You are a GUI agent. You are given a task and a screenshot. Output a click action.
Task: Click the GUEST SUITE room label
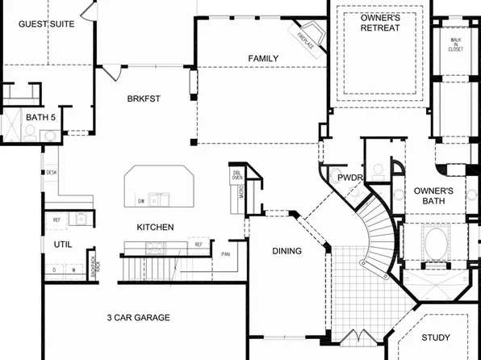pyautogui.click(x=47, y=24)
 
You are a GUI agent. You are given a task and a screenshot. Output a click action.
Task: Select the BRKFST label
pyautogui.click(x=144, y=99)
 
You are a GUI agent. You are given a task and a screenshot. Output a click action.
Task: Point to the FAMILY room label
pyautogui.click(x=263, y=58)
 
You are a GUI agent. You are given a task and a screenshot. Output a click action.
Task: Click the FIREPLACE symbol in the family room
pyautogui.click(x=306, y=40)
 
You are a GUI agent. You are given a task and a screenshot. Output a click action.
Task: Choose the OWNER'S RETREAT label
pyautogui.click(x=379, y=23)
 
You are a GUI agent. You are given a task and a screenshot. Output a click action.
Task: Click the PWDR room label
pyautogui.click(x=349, y=178)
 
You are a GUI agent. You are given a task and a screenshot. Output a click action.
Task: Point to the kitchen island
pyautogui.click(x=159, y=188)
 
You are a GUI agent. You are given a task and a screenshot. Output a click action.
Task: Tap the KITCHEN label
pyautogui.click(x=155, y=228)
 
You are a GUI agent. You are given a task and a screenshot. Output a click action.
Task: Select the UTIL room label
pyautogui.click(x=63, y=244)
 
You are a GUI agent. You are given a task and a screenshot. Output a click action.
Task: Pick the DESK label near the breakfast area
pyautogui.click(x=51, y=172)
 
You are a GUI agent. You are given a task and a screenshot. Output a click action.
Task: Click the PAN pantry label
pyautogui.click(x=227, y=254)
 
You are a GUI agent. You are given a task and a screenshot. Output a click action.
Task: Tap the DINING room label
pyautogui.click(x=287, y=251)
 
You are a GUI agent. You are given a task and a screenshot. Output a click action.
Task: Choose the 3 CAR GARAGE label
pyautogui.click(x=138, y=317)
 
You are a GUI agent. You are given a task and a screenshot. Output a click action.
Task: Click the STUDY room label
pyautogui.click(x=436, y=337)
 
